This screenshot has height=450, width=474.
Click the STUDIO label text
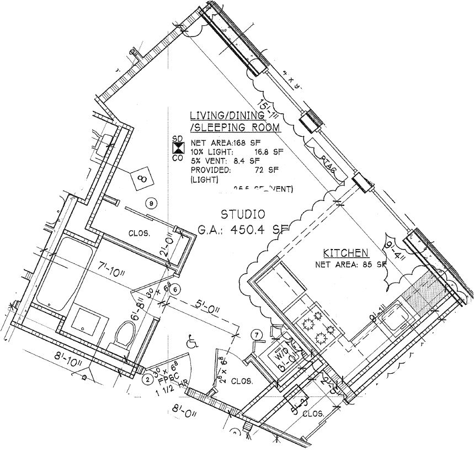tap(243, 214)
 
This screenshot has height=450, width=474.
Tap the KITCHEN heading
tap(345, 253)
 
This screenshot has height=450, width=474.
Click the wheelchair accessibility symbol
tap(193, 342)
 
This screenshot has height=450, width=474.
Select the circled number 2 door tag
tap(147, 379)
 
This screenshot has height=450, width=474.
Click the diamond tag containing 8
tap(142, 178)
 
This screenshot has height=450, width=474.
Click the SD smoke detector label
tap(177, 137)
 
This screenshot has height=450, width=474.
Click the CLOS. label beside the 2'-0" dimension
tap(139, 233)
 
